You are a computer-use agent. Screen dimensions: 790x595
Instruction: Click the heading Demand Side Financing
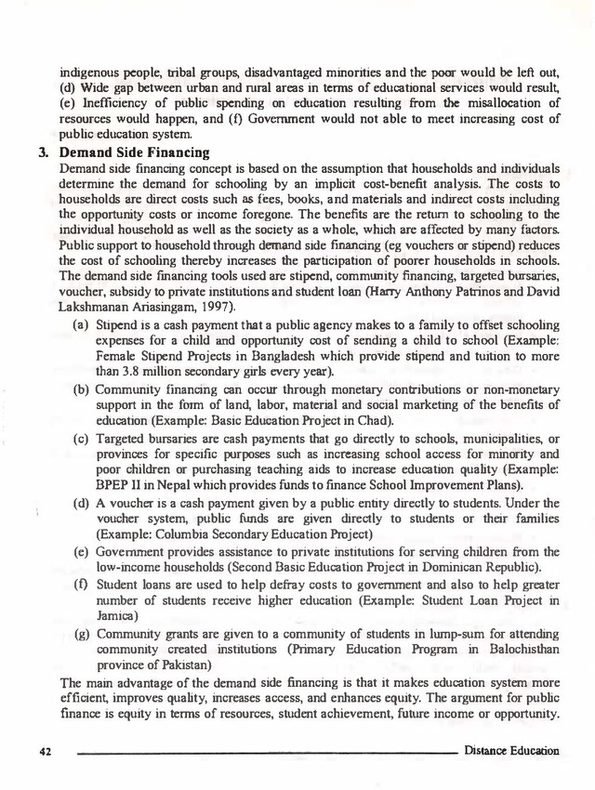(x=134, y=152)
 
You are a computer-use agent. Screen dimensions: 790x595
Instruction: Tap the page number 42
(x=44, y=750)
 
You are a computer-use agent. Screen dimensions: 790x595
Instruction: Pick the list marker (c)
(x=82, y=439)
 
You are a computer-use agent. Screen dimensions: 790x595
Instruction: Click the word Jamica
(x=116, y=615)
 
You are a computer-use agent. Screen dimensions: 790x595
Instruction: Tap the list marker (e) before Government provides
(x=82, y=552)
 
